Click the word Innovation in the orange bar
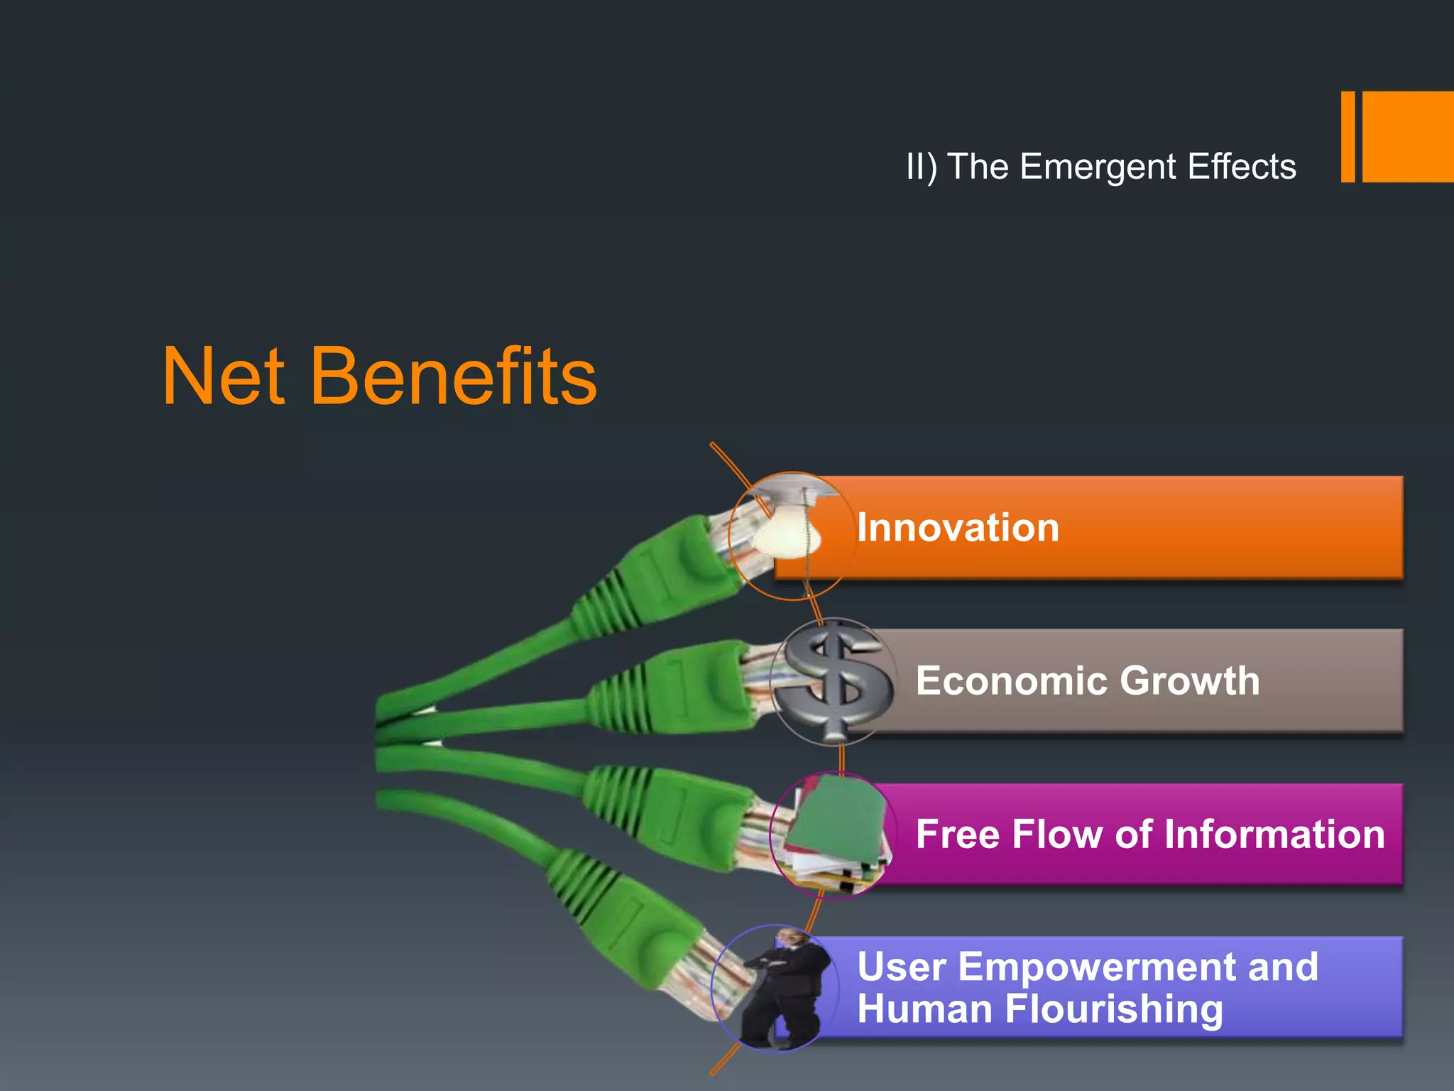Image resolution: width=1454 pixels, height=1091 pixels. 958,528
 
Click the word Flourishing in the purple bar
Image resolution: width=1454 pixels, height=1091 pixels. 1114,1009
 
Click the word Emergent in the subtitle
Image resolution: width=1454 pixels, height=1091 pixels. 1098,167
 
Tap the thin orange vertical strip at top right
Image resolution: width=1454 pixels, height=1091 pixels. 1348,136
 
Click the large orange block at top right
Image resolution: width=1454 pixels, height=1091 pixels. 1408,136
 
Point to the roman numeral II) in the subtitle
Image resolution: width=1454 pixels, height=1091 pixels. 922,167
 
